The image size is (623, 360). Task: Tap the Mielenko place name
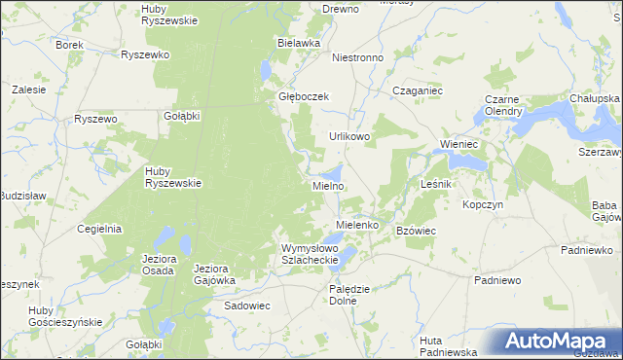(356, 225)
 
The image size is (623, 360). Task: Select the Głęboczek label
(306, 97)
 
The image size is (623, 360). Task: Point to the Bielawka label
(299, 44)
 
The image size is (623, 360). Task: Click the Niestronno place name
(358, 57)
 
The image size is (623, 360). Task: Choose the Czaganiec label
(418, 90)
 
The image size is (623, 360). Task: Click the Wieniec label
(458, 144)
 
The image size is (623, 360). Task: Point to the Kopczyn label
(483, 205)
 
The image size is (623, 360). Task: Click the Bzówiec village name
(416, 231)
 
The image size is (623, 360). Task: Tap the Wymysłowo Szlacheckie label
(310, 254)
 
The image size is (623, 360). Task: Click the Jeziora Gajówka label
(215, 273)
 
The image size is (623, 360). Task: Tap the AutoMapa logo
(558, 342)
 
